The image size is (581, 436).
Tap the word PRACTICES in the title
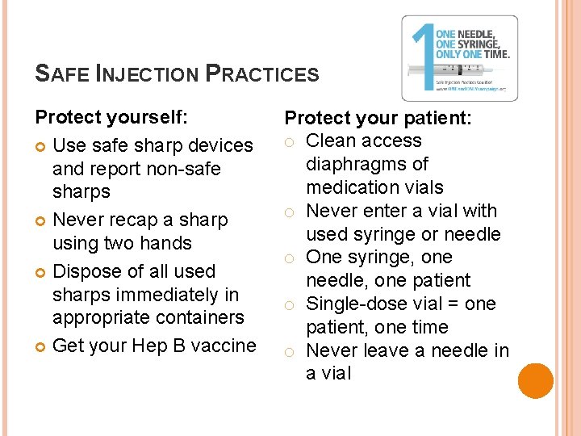click(x=262, y=74)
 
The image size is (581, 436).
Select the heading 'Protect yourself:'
click(x=112, y=117)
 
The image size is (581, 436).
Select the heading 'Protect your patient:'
click(x=378, y=118)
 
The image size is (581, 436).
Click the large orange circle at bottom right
click(x=536, y=381)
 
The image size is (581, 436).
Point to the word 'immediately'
click(x=171, y=295)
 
